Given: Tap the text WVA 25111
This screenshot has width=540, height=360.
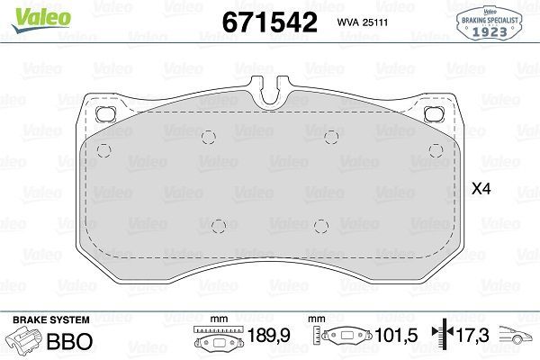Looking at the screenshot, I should point(364,22).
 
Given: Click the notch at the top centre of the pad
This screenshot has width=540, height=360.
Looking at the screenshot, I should point(271,93).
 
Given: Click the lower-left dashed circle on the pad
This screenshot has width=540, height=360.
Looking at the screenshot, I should point(217,225).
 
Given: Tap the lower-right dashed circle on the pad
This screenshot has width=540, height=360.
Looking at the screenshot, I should point(320,225).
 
